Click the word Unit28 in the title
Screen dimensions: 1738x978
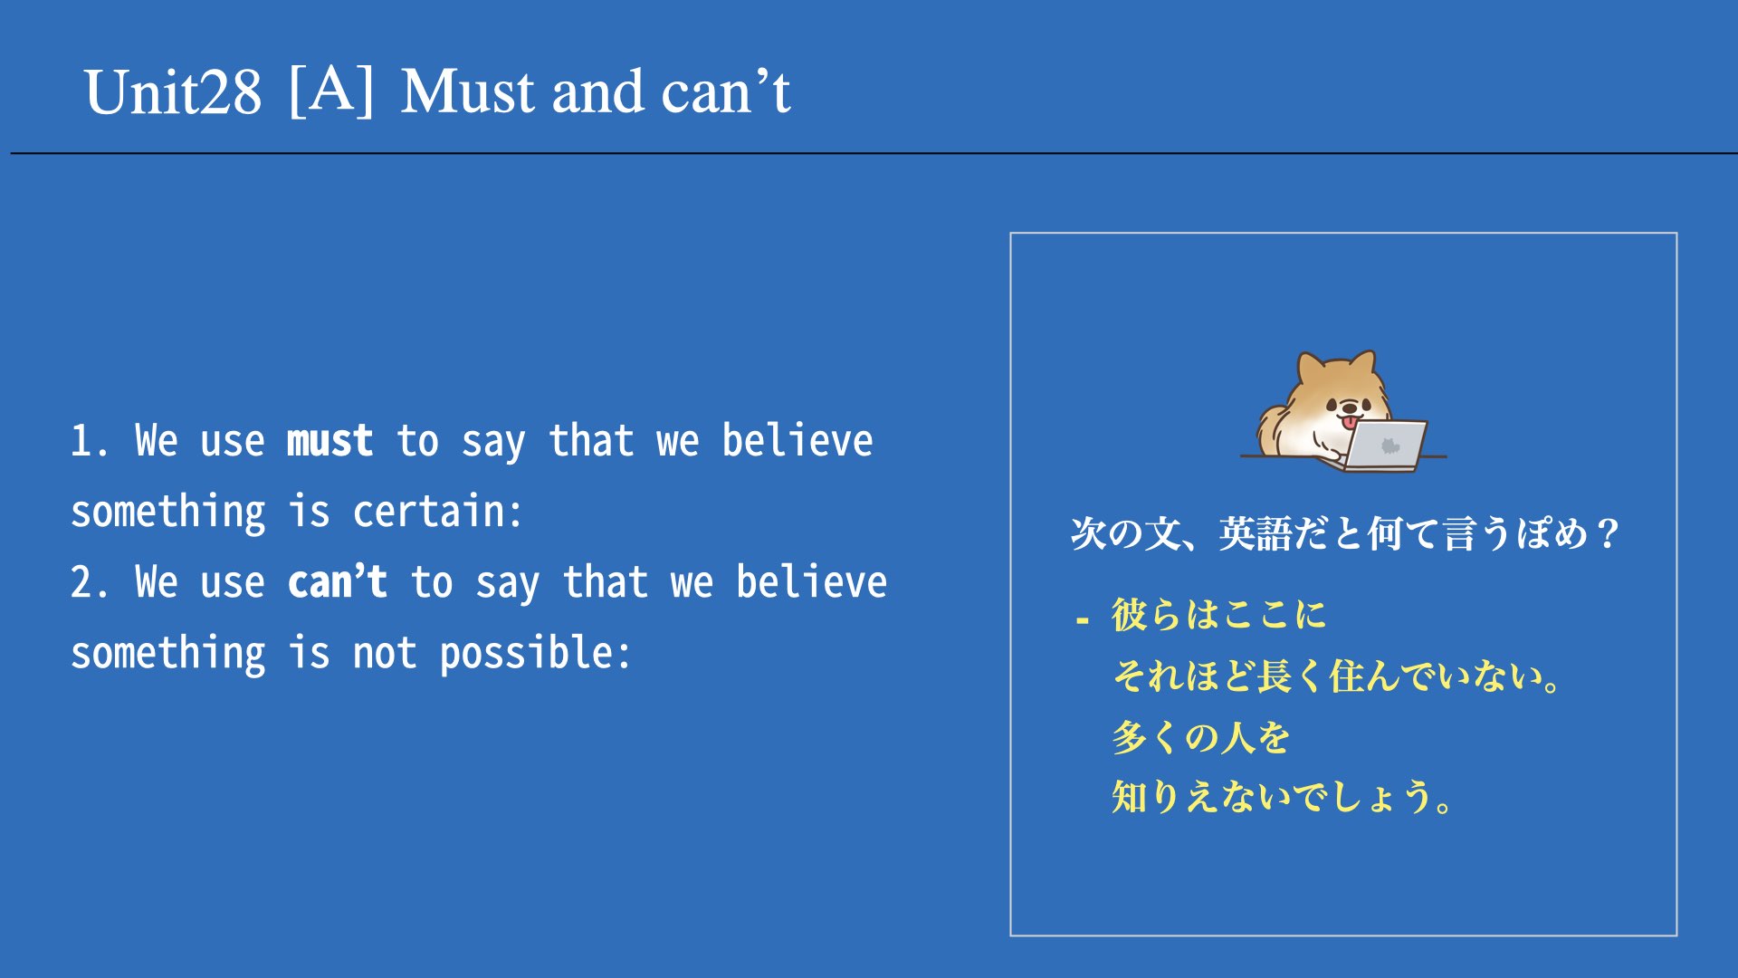(173, 92)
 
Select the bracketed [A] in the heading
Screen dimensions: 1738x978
(331, 91)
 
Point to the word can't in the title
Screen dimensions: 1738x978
(726, 92)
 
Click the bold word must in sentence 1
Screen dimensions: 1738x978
(329, 441)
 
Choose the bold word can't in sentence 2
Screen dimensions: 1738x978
(338, 582)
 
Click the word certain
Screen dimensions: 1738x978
(437, 512)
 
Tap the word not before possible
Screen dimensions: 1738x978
(385, 654)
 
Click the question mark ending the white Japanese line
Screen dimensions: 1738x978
(1608, 533)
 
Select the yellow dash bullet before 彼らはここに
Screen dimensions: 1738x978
(1083, 621)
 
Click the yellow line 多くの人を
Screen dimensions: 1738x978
(1201, 737)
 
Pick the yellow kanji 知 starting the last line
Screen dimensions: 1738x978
(1130, 797)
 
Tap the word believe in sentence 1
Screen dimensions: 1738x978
(797, 441)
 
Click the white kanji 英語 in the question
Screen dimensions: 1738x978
(1256, 533)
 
